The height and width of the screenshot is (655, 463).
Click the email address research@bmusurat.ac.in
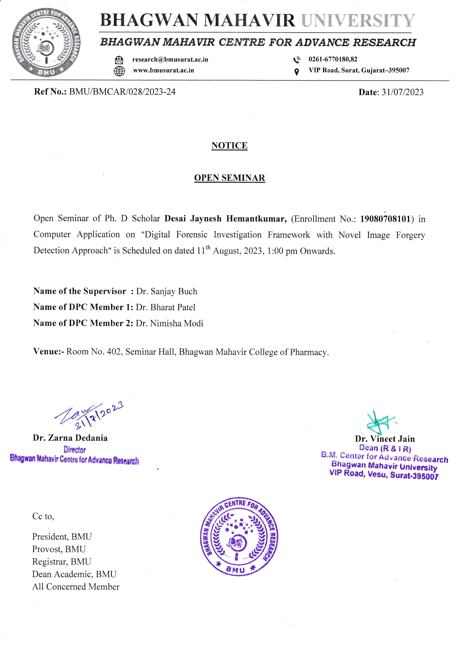[x=170, y=60]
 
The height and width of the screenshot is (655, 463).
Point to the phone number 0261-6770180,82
[x=333, y=59]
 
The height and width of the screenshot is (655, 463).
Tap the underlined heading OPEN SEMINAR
[x=229, y=178]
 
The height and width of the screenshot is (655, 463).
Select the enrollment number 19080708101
[x=385, y=219]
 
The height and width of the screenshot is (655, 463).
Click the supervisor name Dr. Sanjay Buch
[x=167, y=291]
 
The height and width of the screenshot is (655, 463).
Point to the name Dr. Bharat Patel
[x=166, y=307]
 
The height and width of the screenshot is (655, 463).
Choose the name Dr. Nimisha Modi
[x=169, y=323]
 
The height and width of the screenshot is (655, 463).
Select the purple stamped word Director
[x=75, y=450]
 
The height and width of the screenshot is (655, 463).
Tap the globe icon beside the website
[x=119, y=71]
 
